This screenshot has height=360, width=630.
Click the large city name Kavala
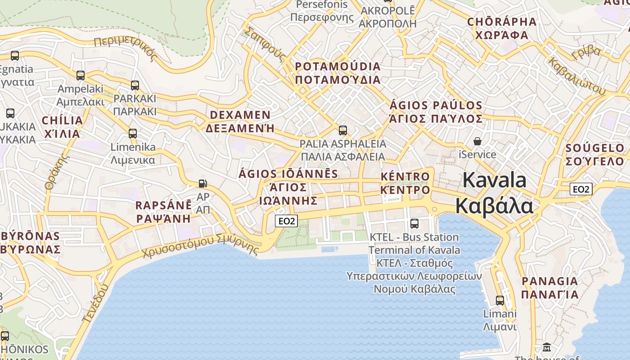[x=494, y=193]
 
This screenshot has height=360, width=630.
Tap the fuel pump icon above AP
[x=203, y=183]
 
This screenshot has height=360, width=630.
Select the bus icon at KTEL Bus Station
[x=414, y=223]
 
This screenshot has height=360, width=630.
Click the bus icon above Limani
[x=499, y=300]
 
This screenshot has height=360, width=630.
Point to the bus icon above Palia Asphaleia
[x=343, y=130]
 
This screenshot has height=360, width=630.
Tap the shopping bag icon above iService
[x=477, y=141]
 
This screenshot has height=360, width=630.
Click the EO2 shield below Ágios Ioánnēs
[x=287, y=220]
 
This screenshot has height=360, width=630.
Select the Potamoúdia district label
[x=337, y=73]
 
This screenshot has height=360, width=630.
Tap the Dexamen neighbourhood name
[x=240, y=121]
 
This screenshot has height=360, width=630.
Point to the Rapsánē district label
[x=163, y=212]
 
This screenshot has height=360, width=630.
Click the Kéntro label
[x=405, y=183]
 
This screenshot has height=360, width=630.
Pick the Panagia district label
[x=549, y=288]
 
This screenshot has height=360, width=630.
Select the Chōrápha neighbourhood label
[x=502, y=28]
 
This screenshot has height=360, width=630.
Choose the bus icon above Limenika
[x=132, y=133]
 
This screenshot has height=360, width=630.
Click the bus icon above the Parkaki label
[x=135, y=85]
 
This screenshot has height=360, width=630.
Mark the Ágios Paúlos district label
[x=436, y=112]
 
